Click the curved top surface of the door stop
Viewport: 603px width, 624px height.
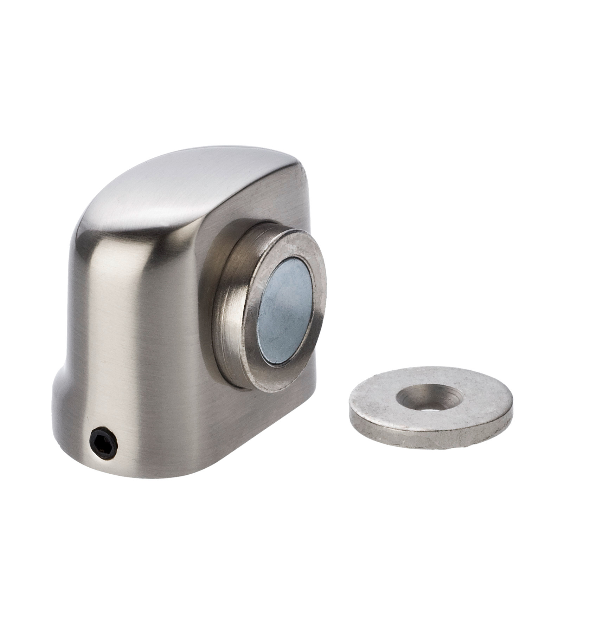click(183, 186)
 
